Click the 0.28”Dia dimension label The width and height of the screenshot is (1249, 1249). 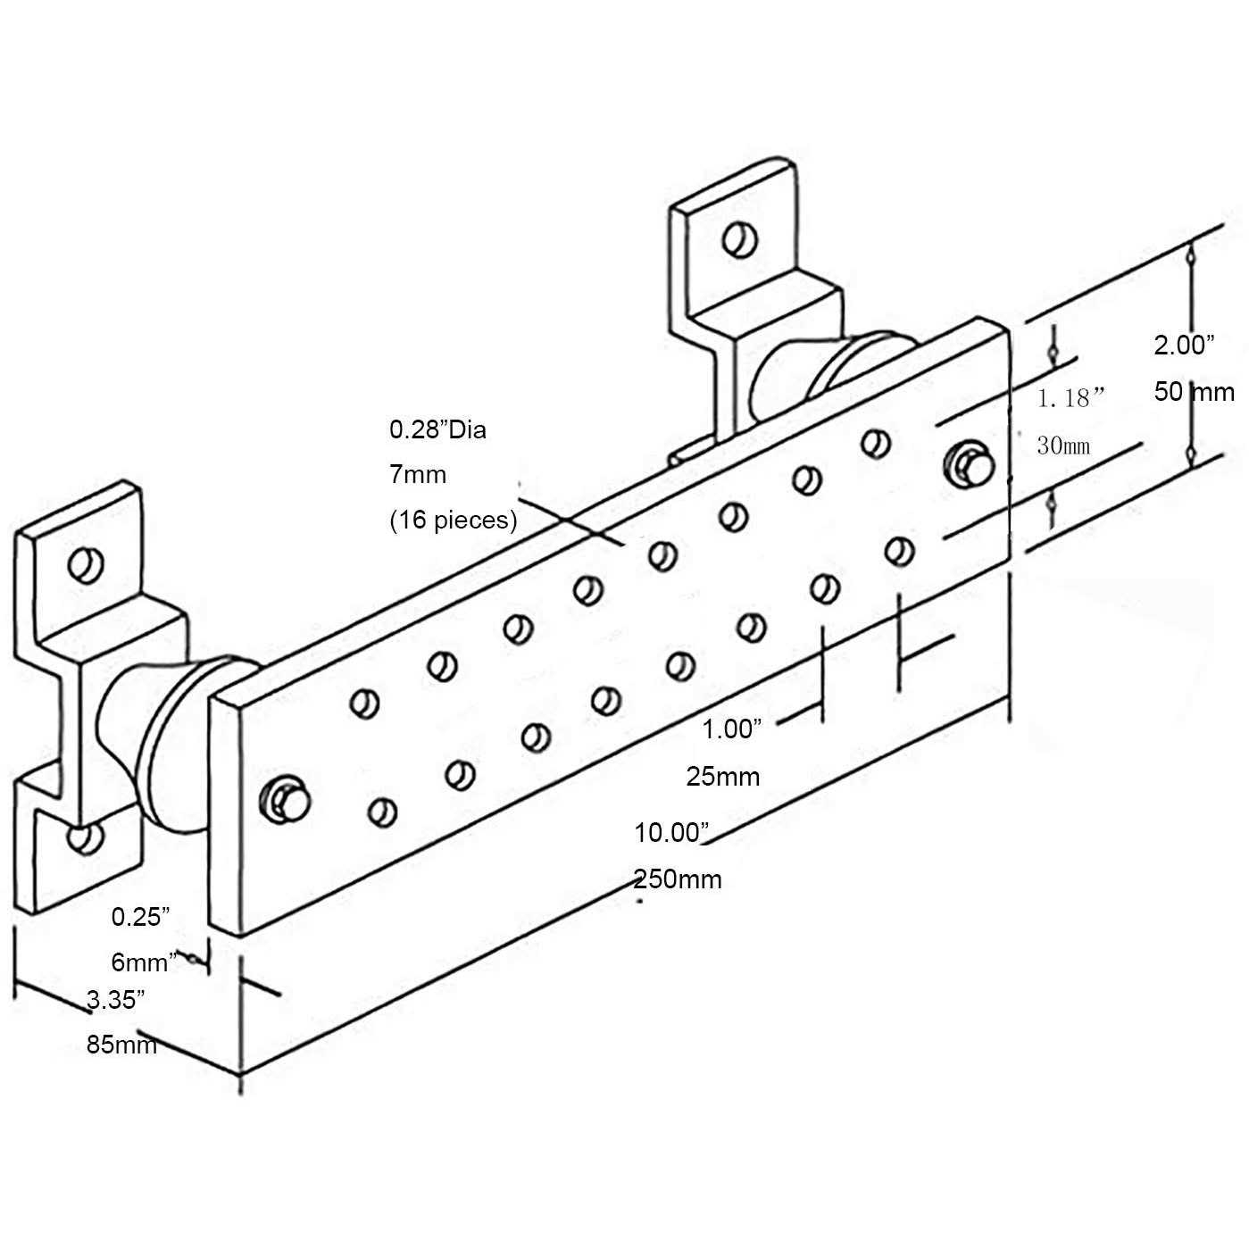(437, 429)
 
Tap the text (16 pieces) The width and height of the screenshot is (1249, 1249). (453, 520)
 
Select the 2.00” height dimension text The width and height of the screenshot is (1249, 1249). (1184, 345)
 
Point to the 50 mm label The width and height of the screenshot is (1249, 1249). (1194, 391)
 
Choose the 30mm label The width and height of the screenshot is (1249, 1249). (1063, 445)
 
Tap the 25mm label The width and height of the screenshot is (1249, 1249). (723, 776)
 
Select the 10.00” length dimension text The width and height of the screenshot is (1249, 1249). (671, 832)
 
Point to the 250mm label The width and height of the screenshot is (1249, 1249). (678, 879)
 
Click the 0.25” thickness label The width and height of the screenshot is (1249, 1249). (140, 916)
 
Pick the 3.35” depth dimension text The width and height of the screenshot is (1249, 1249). (116, 999)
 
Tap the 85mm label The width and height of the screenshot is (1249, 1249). (121, 1044)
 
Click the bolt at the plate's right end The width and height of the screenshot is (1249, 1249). (968, 463)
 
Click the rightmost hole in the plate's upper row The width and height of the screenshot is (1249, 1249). (876, 442)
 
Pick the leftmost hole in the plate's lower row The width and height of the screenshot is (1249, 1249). (383, 812)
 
